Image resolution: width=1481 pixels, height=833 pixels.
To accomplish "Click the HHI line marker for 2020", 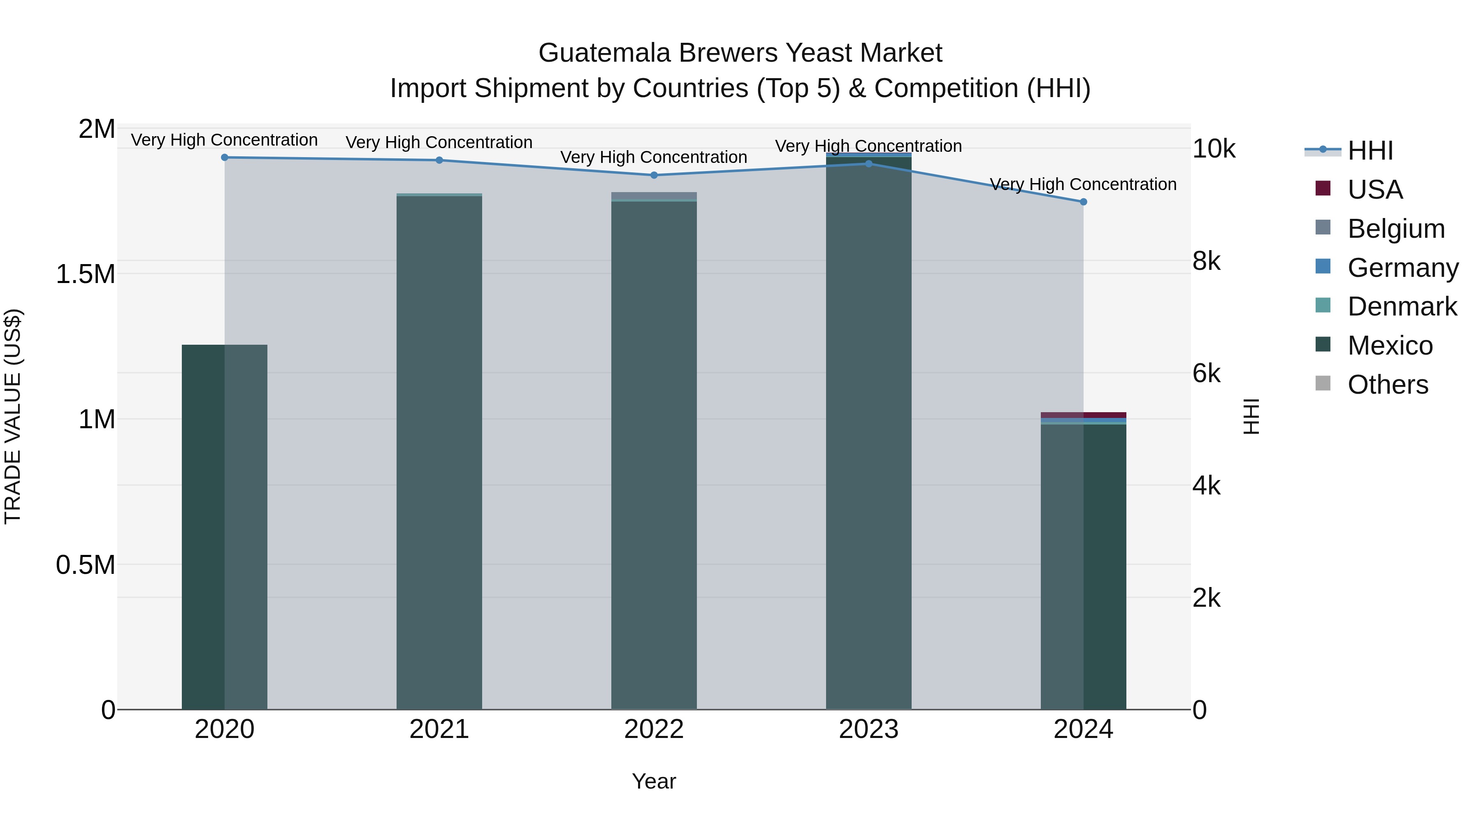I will (225, 158).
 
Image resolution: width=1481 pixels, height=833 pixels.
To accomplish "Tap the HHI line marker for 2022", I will (654, 175).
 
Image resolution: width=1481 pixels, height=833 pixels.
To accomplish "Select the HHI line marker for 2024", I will (1083, 202).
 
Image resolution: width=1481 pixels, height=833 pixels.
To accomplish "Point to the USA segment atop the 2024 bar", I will (1083, 415).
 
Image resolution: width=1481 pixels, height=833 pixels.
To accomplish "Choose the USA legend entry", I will (1374, 190).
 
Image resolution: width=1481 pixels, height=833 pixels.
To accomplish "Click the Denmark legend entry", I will (1402, 306).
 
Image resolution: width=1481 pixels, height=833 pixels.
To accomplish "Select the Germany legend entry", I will (1403, 268).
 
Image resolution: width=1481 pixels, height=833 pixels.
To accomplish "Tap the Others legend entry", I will (1387, 385).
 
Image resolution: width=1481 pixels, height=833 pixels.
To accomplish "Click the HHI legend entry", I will (1370, 151).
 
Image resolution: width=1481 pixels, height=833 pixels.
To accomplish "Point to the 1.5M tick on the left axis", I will (85, 274).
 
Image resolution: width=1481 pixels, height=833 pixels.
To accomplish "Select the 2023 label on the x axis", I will (868, 729).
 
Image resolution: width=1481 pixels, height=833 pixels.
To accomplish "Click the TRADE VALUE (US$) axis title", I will (13, 416).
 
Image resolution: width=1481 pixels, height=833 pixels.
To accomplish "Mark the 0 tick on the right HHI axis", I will (1200, 710).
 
